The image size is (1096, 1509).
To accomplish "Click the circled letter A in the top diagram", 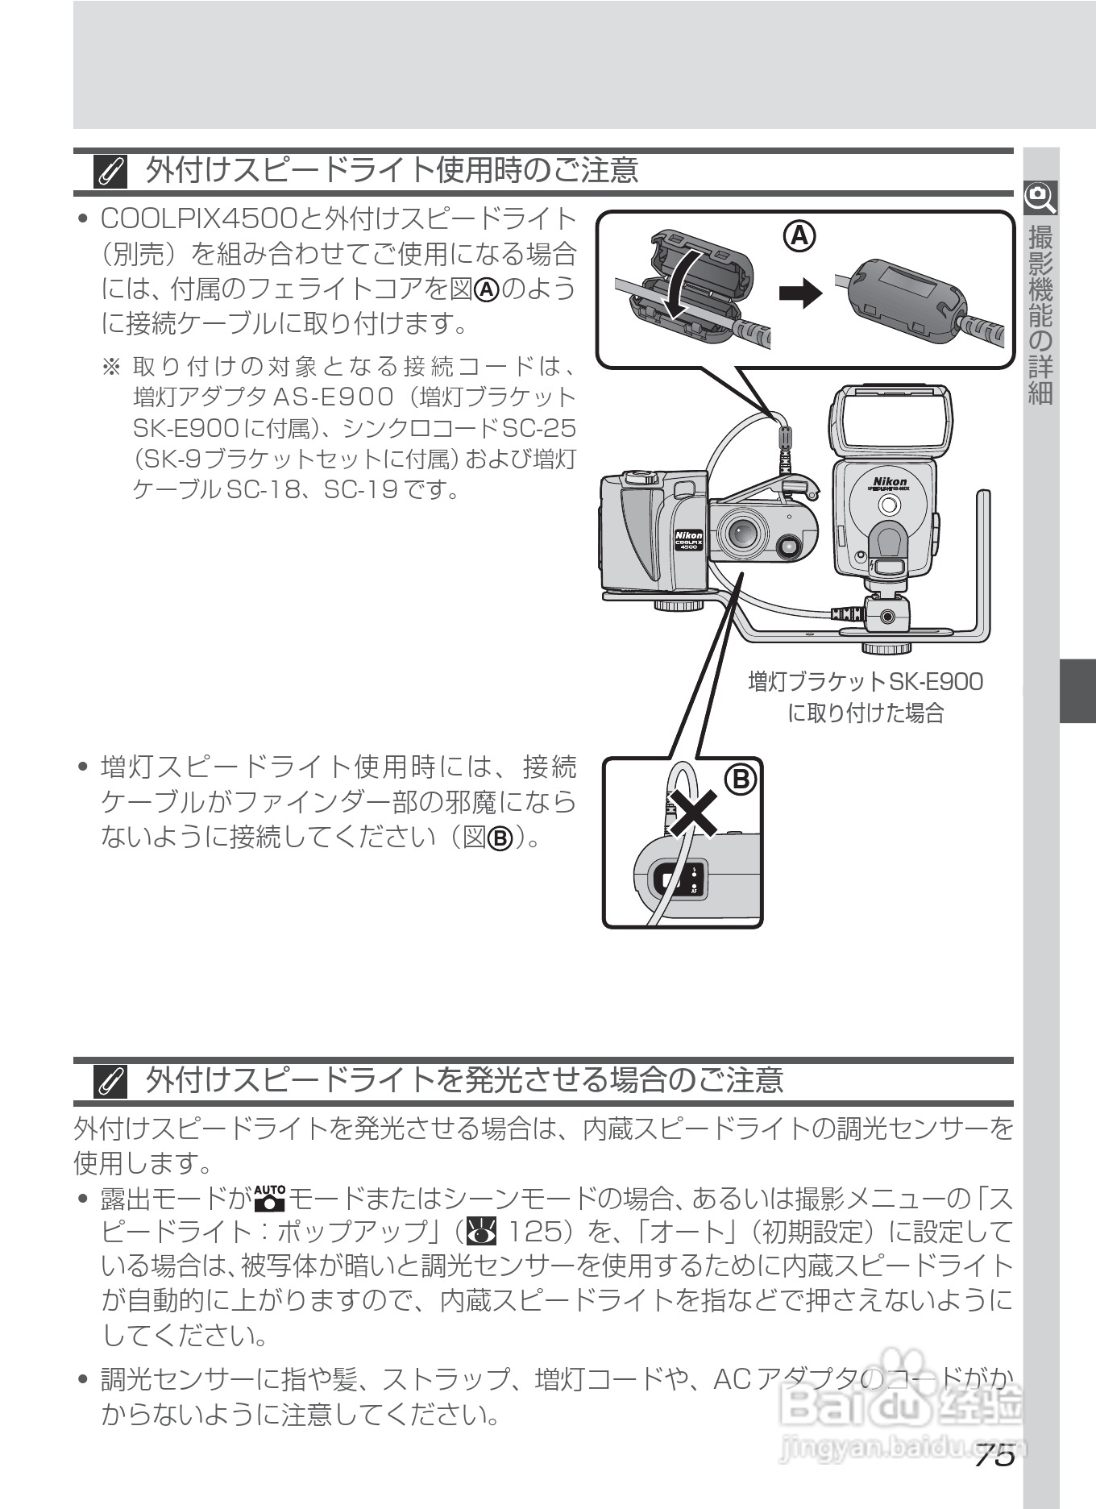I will point(799,235).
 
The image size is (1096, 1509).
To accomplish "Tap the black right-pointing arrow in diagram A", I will point(799,294).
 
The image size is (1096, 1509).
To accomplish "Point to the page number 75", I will point(993,1456).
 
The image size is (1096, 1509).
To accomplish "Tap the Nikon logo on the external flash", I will point(889,481).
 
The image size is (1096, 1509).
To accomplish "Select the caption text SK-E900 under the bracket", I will point(935,682).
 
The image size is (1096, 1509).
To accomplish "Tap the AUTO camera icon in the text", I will point(269,1199).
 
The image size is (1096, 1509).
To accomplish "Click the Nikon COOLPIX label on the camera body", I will point(687,540).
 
